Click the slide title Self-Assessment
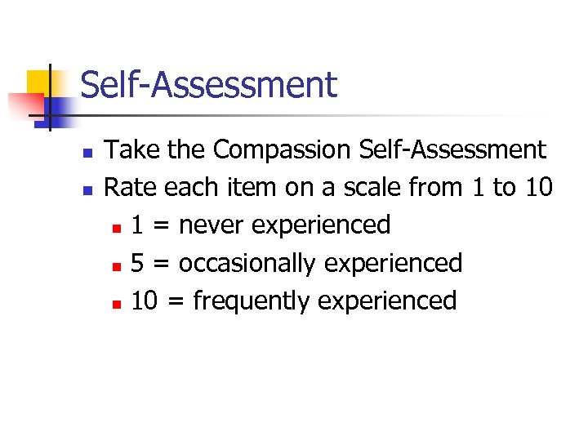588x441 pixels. (208, 85)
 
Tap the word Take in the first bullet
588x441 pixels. (131, 150)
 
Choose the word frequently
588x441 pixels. (252, 301)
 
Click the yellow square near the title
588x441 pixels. (39, 82)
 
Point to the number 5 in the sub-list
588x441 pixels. (138, 263)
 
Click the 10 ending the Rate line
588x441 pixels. (538, 188)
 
